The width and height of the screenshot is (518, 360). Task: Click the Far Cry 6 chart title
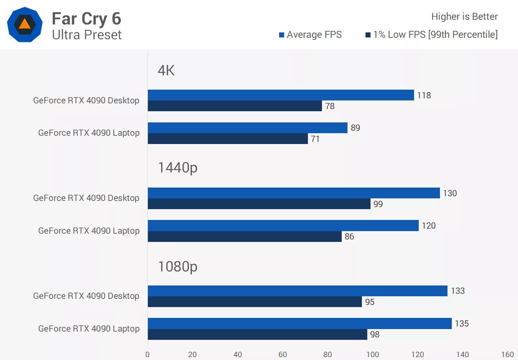click(86, 19)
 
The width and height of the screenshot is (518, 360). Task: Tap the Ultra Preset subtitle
click(87, 35)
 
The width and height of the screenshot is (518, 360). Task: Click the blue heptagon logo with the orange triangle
click(25, 24)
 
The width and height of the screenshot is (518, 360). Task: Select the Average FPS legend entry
click(310, 35)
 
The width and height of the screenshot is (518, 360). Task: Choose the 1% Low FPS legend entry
click(432, 35)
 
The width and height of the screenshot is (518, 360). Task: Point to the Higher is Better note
click(464, 17)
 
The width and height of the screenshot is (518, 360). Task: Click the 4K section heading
click(166, 71)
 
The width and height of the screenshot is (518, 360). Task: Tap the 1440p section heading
click(178, 168)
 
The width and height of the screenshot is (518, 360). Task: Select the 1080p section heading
click(178, 267)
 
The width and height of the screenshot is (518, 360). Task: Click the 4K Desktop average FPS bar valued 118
click(281, 95)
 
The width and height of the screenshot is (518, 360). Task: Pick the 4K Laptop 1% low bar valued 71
click(228, 139)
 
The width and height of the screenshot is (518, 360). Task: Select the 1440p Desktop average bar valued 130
click(294, 193)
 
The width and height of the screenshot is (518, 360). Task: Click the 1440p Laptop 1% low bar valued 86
click(245, 237)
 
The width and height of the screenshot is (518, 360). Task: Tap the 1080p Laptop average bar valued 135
click(300, 323)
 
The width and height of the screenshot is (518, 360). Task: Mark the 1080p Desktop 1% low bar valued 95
click(255, 302)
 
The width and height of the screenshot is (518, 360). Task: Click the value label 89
click(355, 128)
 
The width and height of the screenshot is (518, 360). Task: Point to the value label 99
click(378, 204)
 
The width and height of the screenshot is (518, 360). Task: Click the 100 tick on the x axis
click(373, 354)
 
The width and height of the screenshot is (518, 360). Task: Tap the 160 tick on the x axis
click(508, 354)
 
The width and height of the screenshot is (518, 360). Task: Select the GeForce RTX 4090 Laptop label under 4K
click(89, 133)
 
